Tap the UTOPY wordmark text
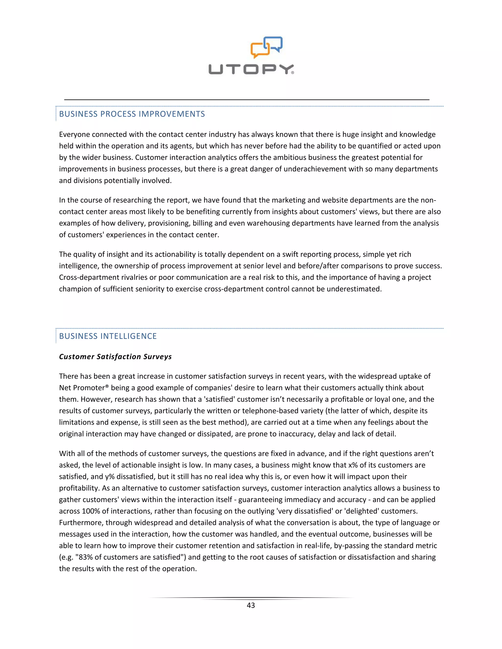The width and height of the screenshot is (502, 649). (251, 69)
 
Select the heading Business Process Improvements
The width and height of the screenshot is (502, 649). (132, 114)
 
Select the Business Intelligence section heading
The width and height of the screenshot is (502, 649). (108, 336)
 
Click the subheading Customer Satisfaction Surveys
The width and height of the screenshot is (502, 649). (115, 357)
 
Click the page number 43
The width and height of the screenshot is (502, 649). (251, 605)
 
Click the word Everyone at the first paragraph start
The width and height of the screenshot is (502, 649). (74, 135)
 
